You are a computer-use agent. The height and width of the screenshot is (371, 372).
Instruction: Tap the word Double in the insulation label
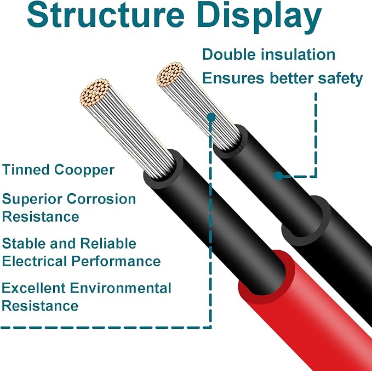coord(229,54)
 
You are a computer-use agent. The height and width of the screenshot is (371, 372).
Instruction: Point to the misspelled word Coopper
coord(84,170)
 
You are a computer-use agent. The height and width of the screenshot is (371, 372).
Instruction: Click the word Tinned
coord(26,170)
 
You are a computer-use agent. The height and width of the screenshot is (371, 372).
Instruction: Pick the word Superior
coord(32,200)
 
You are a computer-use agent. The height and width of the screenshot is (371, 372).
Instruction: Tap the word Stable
coord(24,243)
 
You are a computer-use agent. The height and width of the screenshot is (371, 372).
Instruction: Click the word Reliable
coord(108,243)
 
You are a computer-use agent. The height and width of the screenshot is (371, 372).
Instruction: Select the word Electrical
coord(35,261)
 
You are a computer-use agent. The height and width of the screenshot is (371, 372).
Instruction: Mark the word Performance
coord(116,261)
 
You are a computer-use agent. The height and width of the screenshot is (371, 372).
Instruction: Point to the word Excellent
coord(33,288)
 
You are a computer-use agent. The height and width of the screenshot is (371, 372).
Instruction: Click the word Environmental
coord(121,288)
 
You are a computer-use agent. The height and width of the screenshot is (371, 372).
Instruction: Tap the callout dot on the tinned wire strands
coord(211,117)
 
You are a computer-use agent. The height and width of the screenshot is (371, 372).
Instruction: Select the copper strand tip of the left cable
coord(95,92)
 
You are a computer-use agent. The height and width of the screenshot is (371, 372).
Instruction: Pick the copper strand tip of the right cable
coord(170,74)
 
